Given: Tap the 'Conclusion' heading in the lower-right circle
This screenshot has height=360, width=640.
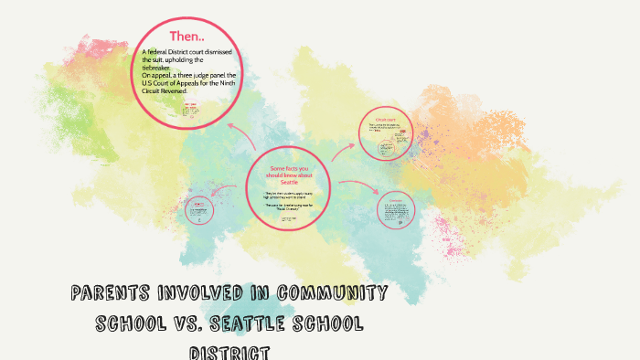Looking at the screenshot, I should tap(396, 200).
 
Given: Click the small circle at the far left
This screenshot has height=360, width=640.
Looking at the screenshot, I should tap(197, 211).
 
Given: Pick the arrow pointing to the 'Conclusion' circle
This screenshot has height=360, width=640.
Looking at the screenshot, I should tap(359, 187).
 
